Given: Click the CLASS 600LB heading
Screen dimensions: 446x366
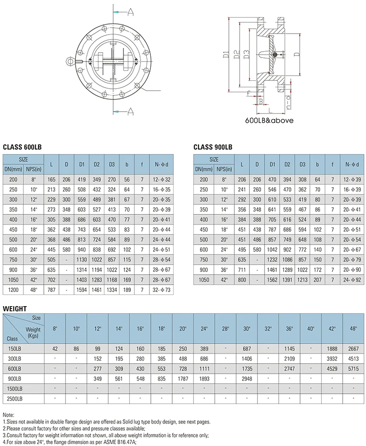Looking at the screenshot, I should (22, 147).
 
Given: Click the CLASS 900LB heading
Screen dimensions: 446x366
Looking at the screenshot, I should (213, 147).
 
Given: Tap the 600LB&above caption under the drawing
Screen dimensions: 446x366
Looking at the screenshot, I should (269, 120).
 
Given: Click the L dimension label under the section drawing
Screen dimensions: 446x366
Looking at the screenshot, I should (270, 112).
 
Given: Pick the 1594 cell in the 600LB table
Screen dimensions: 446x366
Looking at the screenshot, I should (81, 290).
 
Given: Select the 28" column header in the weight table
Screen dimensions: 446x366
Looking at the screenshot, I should (225, 329).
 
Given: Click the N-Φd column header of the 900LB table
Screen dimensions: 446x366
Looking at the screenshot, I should (351, 164).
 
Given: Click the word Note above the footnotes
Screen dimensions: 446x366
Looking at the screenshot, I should (8, 415).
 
